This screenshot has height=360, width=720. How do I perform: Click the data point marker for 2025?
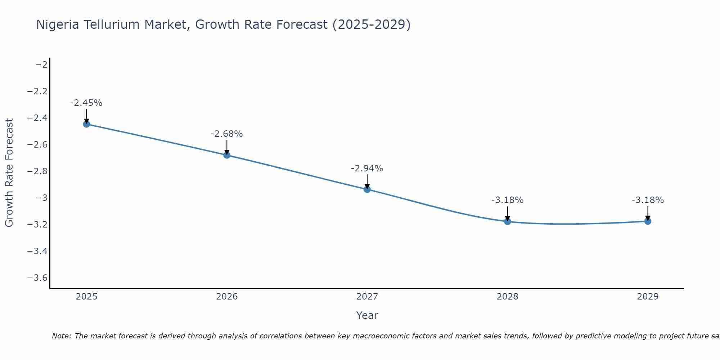pyautogui.click(x=86, y=124)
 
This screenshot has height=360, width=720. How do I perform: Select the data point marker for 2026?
pyautogui.click(x=227, y=155)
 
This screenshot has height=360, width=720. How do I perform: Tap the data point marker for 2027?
pyautogui.click(x=367, y=189)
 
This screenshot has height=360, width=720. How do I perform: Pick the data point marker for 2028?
pyautogui.click(x=508, y=221)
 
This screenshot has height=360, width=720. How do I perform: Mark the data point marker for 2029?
pyautogui.click(x=648, y=221)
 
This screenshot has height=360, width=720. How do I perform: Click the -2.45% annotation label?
pyautogui.click(x=86, y=103)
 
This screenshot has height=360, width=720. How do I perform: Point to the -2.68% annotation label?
pyautogui.click(x=227, y=134)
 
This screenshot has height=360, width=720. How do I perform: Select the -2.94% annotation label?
pyautogui.click(x=367, y=168)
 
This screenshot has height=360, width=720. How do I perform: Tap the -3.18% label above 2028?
pyautogui.click(x=508, y=200)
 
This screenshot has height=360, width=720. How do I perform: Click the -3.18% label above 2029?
pyautogui.click(x=648, y=200)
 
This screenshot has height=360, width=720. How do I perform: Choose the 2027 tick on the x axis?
pyautogui.click(x=367, y=297)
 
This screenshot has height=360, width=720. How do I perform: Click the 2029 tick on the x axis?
pyautogui.click(x=648, y=297)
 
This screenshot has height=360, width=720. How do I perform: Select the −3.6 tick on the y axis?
pyautogui.click(x=37, y=278)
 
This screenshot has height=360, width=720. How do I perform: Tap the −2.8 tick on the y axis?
pyautogui.click(x=37, y=171)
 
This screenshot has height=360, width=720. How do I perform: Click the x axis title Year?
pyautogui.click(x=367, y=316)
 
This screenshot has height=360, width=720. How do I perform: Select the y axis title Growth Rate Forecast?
pyautogui.click(x=9, y=173)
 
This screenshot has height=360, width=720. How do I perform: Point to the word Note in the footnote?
pyautogui.click(x=62, y=336)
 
